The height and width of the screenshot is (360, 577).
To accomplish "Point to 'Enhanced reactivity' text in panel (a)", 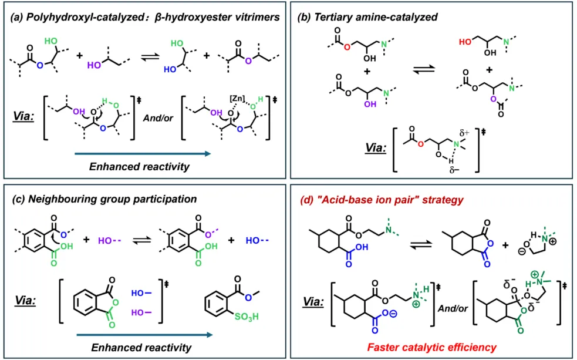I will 139,167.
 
